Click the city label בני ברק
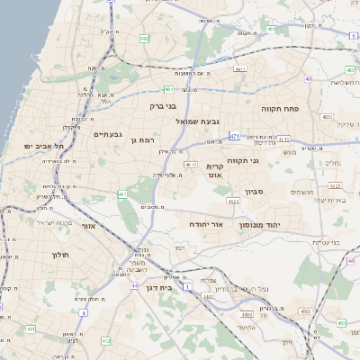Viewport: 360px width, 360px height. (163, 105)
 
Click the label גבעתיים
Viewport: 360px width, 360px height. (107, 134)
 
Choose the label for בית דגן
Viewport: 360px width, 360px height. (158, 288)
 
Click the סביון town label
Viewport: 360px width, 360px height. (254, 191)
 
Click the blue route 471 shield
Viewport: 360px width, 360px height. (235, 136)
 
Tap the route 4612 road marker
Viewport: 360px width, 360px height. (191, 165)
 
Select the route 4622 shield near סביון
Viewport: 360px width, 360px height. (234, 202)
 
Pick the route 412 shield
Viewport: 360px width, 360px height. (106, 340)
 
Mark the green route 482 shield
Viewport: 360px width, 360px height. (145, 39)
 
